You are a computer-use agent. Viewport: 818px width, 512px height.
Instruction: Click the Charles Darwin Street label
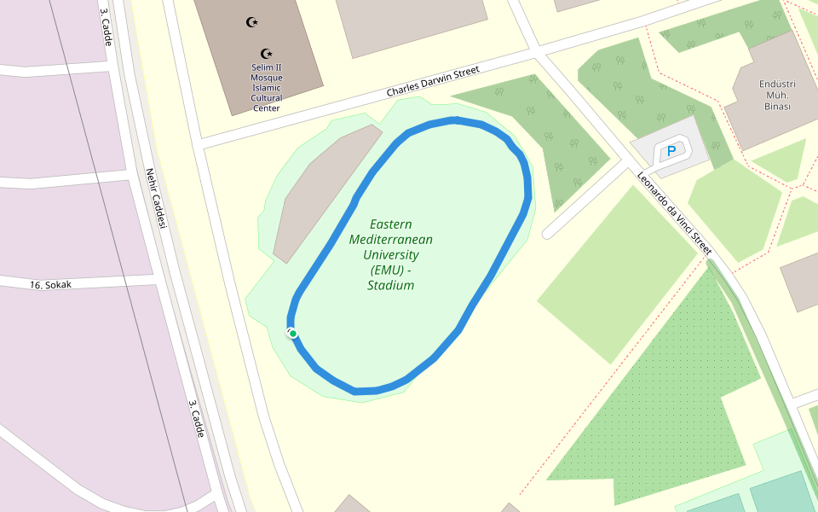coord(433,81)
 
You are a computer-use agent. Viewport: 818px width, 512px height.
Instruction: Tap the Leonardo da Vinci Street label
coord(674,212)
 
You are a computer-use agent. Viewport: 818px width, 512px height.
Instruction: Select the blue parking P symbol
coord(671,152)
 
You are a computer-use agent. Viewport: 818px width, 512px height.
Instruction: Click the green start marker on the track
coord(293,333)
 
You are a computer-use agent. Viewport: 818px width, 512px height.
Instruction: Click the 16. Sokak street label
coord(50,284)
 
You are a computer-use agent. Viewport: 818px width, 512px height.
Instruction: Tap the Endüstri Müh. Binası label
coord(777,95)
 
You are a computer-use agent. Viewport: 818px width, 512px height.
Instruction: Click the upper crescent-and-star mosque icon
coord(251,22)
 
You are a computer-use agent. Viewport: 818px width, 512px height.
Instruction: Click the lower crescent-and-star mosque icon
coord(266,54)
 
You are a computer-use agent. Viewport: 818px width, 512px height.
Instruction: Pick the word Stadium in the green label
coord(390,286)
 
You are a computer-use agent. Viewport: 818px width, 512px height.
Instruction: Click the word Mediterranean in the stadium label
coord(390,240)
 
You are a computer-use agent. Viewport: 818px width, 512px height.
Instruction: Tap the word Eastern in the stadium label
coord(391,224)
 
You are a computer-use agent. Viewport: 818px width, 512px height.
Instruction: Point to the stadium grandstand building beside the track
coord(326,192)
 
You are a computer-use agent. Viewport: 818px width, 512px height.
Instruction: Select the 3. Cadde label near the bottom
coord(196,418)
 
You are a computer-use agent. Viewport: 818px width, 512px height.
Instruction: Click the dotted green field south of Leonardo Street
coord(673,384)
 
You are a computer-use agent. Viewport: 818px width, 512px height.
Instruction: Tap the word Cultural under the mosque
coord(266,98)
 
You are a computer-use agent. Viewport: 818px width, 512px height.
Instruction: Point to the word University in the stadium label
coord(390,255)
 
